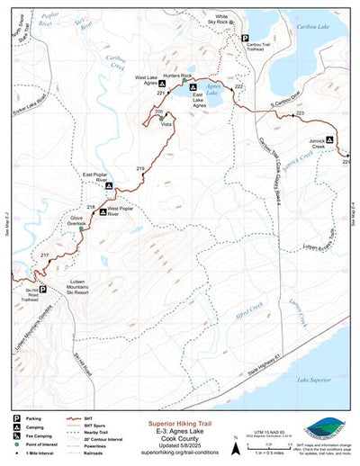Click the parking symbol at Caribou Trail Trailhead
(x=244, y=37)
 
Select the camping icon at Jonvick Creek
(x=329, y=139)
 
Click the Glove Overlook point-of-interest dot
(x=81, y=229)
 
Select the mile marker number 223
(x=300, y=112)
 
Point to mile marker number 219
(x=139, y=169)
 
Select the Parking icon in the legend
(x=16, y=418)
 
